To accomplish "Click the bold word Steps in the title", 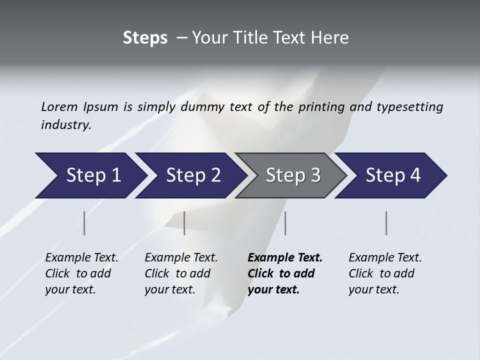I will (x=145, y=38).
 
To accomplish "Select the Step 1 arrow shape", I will (x=90, y=175).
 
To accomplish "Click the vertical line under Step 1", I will (x=84, y=223).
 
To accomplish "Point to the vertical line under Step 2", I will (x=184, y=223).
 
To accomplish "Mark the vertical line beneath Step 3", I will (x=285, y=223).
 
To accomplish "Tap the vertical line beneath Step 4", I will (x=386, y=223).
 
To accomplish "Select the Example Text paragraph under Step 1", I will (x=81, y=273).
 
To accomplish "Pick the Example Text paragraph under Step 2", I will (x=181, y=273).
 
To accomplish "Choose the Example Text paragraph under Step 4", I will (x=384, y=273).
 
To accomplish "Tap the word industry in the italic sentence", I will (x=65, y=125).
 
